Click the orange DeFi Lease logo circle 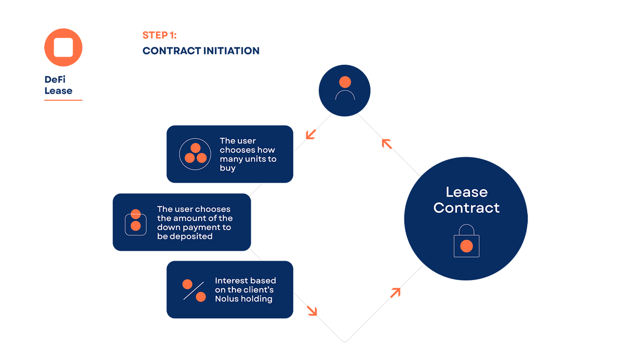(x=63, y=47)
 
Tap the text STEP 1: (x=159, y=36)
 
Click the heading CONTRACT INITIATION (x=201, y=51)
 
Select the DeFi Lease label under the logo (x=59, y=85)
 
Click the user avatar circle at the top (x=344, y=90)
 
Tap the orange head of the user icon (x=345, y=82)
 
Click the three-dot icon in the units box (x=195, y=154)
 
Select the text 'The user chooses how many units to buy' (x=247, y=154)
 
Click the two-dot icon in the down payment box (x=135, y=221)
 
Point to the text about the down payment (x=194, y=223)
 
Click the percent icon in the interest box (x=194, y=290)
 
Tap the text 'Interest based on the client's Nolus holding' (x=245, y=290)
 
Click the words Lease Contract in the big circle (x=466, y=200)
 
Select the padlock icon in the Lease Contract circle (x=466, y=241)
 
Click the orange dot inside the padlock (x=466, y=246)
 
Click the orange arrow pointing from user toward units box (x=311, y=134)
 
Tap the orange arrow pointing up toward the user (x=387, y=143)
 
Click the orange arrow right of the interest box (x=312, y=310)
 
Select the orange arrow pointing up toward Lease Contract (x=395, y=292)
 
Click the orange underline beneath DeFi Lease (x=63, y=100)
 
